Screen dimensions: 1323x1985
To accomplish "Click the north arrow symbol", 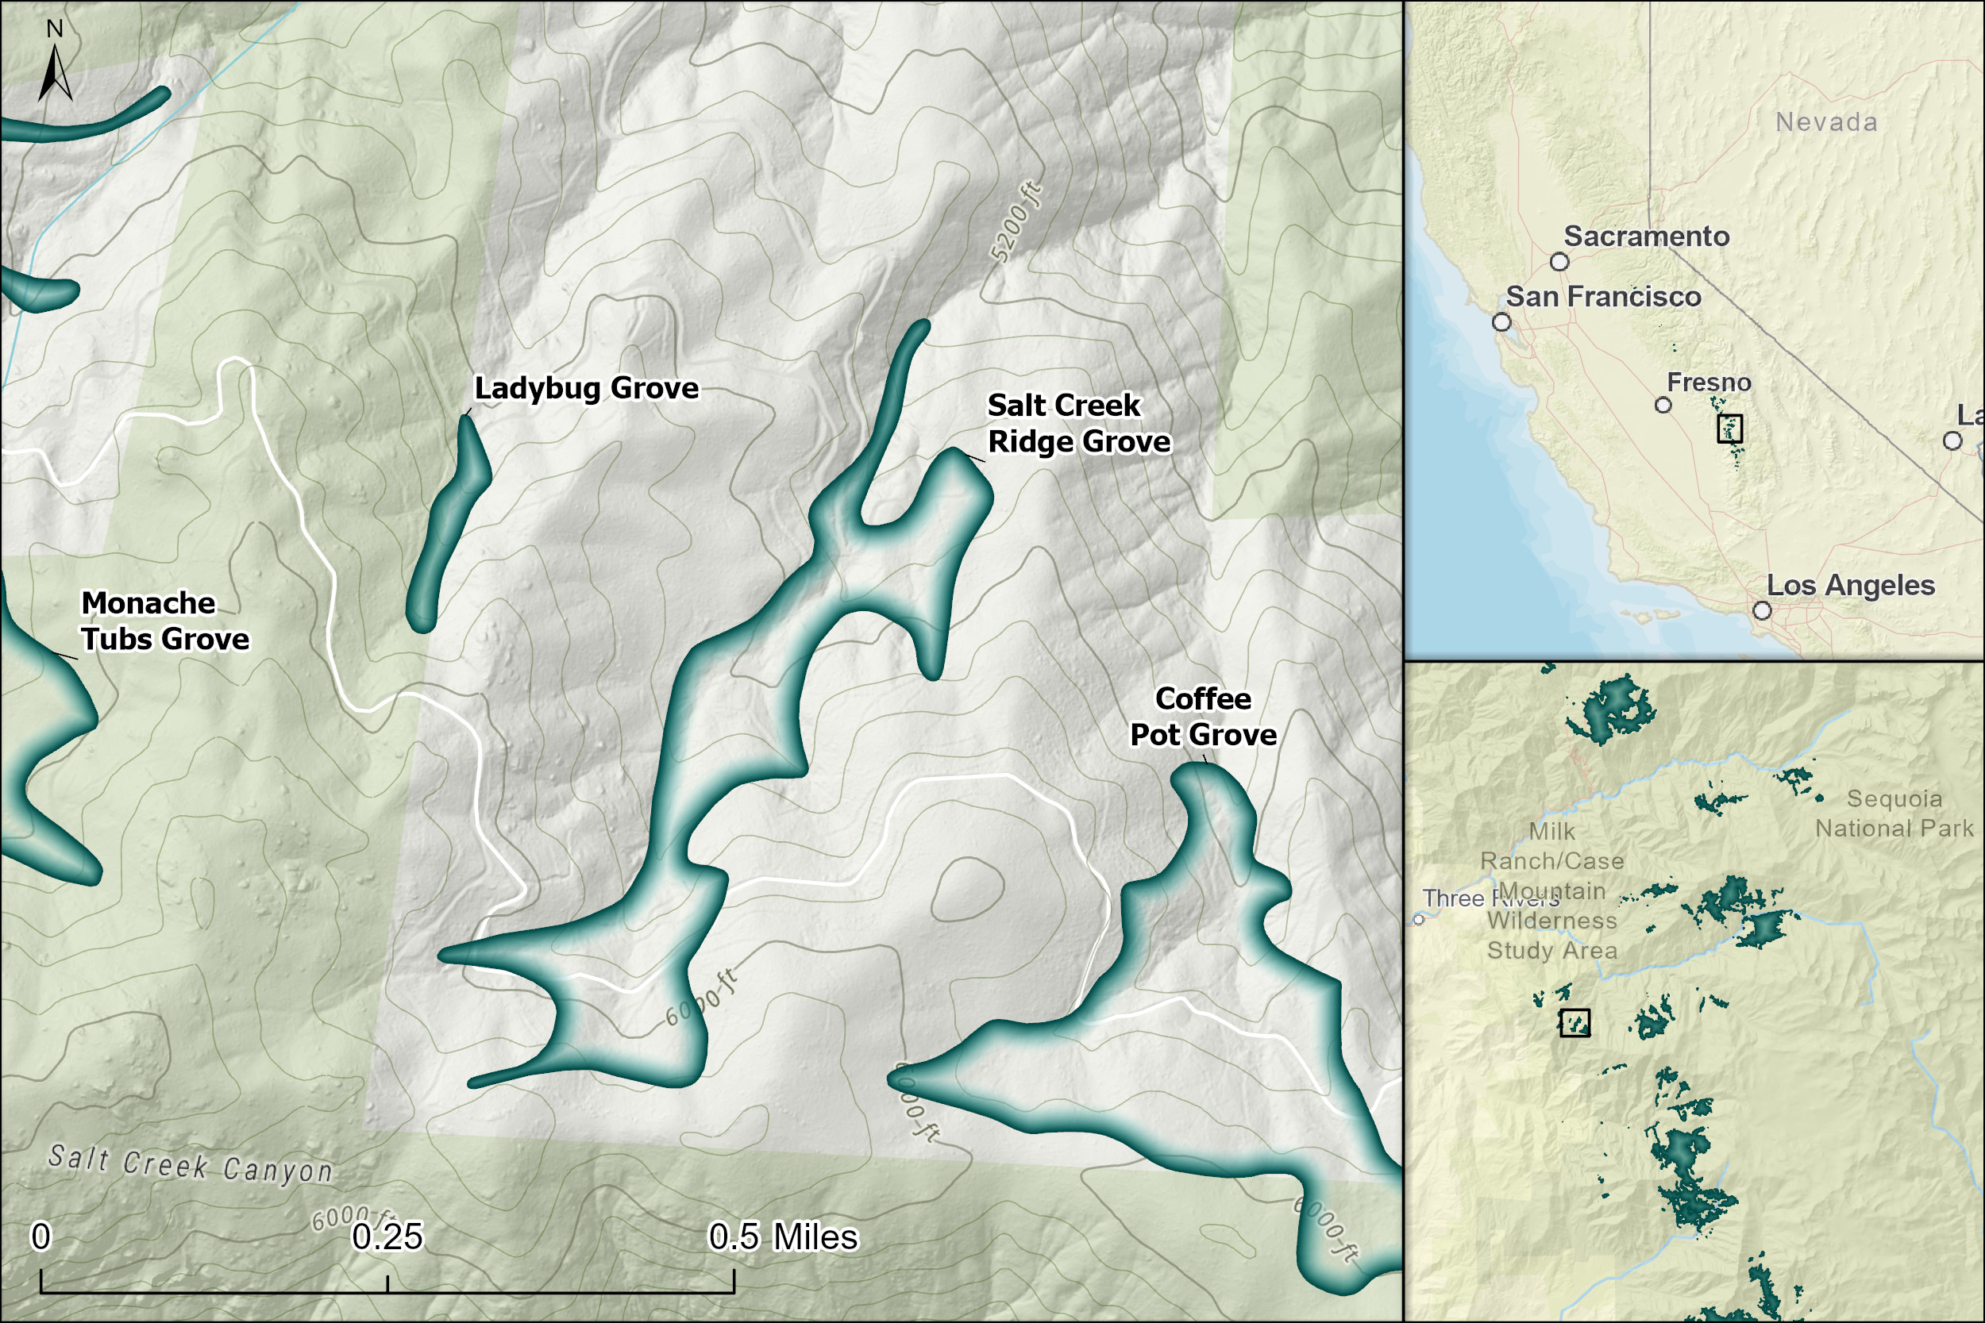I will pyautogui.click(x=55, y=71).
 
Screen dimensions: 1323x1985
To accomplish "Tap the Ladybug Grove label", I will pyautogui.click(x=586, y=388).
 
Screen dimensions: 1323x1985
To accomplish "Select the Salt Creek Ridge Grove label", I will pyautogui.click(x=1078, y=424).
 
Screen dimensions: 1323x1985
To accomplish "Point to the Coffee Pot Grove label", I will pyautogui.click(x=1203, y=717).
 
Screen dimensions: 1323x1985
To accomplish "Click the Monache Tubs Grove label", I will pyautogui.click(x=164, y=621).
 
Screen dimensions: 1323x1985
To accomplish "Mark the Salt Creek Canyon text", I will pyautogui.click(x=190, y=1163).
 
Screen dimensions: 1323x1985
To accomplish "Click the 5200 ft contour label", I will pyautogui.click(x=1016, y=223).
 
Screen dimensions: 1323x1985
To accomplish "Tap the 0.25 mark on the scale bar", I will pyautogui.click(x=387, y=1237).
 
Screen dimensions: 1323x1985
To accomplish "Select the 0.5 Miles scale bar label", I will pyautogui.click(x=782, y=1237).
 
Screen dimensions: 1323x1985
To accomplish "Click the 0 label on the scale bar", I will pyautogui.click(x=40, y=1237).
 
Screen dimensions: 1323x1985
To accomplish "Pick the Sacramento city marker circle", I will pyautogui.click(x=1559, y=262).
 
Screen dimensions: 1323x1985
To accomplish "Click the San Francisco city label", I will pyautogui.click(x=1602, y=297).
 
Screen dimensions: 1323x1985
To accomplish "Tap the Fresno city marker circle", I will pyautogui.click(x=1663, y=405).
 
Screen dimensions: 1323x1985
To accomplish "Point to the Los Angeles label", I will pyautogui.click(x=1850, y=586).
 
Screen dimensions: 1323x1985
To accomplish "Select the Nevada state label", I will pyautogui.click(x=1826, y=122).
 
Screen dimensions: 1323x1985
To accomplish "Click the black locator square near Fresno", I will pyautogui.click(x=1729, y=429).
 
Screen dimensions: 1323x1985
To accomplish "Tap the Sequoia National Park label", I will pyautogui.click(x=1894, y=813).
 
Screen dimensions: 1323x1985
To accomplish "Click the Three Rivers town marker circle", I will pyautogui.click(x=1419, y=919).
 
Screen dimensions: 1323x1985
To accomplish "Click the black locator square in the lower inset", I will pyautogui.click(x=1574, y=1023).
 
